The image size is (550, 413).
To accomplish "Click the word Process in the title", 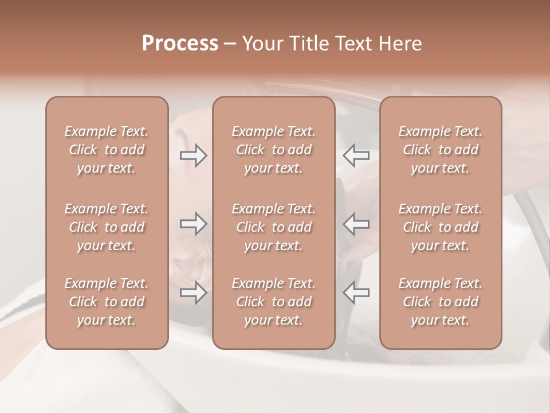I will click(x=180, y=44).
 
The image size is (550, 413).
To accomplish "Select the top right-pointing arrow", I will click(x=193, y=155).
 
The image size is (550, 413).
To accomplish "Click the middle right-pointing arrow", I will click(x=193, y=224).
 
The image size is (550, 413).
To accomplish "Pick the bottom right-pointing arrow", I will click(x=193, y=293).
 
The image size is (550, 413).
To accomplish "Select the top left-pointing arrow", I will click(x=356, y=155).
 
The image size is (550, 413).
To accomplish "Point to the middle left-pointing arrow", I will click(x=356, y=224).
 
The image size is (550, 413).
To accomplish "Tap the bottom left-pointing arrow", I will click(x=356, y=293).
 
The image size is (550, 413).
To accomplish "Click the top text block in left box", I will click(x=107, y=150).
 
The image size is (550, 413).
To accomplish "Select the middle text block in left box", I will click(x=107, y=227).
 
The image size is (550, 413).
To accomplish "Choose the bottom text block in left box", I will click(x=107, y=302).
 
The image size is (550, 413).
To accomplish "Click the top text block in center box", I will click(x=273, y=150).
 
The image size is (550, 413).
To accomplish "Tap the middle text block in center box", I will click(x=273, y=227).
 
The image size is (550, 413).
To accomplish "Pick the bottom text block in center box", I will click(x=273, y=302).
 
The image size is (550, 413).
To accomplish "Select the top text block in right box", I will click(x=440, y=150).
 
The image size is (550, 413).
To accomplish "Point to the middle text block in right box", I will click(x=440, y=227).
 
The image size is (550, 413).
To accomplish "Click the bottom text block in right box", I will click(x=440, y=302).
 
